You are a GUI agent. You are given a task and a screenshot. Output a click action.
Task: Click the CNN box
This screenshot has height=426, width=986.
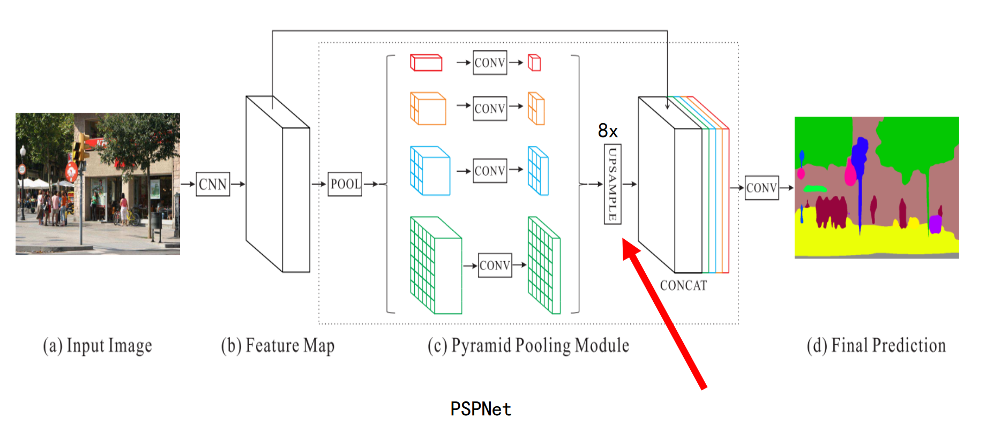(213, 184)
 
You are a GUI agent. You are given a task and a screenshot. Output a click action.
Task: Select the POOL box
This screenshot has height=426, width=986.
(345, 184)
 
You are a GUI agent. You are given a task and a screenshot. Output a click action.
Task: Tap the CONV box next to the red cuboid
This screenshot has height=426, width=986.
(490, 63)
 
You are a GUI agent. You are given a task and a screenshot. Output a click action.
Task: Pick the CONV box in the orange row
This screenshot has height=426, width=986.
(490, 109)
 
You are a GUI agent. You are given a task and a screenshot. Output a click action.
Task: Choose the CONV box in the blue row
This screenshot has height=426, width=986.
(490, 171)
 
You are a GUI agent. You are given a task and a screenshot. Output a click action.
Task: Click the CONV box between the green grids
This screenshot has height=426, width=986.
(495, 265)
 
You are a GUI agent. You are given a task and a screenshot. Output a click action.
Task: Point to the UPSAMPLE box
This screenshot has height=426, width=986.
(612, 184)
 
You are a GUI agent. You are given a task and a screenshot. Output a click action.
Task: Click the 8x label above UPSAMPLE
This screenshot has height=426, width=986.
(608, 131)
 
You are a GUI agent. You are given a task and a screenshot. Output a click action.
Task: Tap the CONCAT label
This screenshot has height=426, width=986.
(683, 286)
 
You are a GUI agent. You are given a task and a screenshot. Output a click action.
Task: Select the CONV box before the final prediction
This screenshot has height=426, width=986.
(761, 188)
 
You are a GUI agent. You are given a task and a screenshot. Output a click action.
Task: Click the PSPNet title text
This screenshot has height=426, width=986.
(481, 409)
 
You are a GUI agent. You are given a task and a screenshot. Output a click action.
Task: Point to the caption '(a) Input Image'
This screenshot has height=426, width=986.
(98, 346)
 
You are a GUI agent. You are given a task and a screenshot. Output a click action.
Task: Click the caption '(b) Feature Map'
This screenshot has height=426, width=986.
(278, 346)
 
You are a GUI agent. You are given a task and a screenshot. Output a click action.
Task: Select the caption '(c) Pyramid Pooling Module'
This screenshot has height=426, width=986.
(528, 346)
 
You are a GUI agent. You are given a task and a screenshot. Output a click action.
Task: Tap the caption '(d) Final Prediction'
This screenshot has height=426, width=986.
(876, 346)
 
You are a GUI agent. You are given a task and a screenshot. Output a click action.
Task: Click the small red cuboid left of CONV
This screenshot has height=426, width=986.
(426, 63)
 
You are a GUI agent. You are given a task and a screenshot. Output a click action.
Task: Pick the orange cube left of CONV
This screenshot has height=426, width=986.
(428, 109)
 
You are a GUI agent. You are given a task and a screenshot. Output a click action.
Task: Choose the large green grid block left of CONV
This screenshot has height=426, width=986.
(435, 265)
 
